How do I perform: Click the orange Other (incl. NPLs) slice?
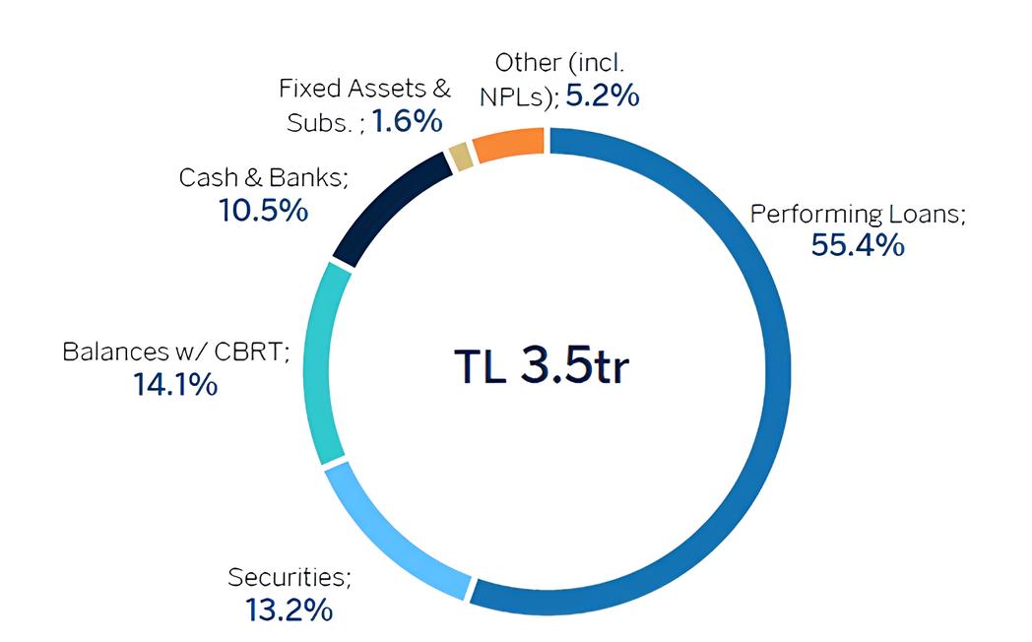pyautogui.click(x=509, y=144)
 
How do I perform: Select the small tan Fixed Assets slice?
pyautogui.click(x=461, y=157)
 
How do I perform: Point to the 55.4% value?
pyautogui.click(x=858, y=245)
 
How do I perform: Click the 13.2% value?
pyautogui.click(x=289, y=610)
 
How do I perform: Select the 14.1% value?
pyautogui.click(x=175, y=384)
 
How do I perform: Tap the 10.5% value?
pyautogui.click(x=263, y=211)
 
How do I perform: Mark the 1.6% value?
pyautogui.click(x=407, y=121)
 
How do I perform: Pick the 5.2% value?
pyautogui.click(x=603, y=96)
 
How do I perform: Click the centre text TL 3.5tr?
pyautogui.click(x=542, y=365)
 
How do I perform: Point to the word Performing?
pyautogui.click(x=816, y=215)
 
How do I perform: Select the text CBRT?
pyautogui.click(x=252, y=352)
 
